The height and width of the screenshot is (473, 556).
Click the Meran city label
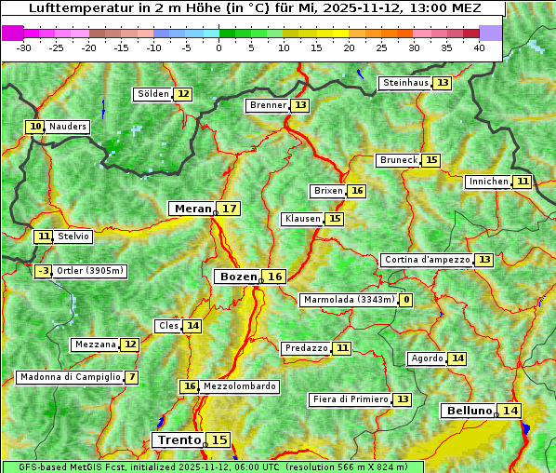click(192, 209)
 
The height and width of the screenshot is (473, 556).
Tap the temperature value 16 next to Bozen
click(275, 277)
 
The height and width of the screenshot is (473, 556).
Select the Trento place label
click(179, 439)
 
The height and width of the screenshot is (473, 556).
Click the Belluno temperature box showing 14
click(510, 411)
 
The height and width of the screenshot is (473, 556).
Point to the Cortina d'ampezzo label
click(427, 260)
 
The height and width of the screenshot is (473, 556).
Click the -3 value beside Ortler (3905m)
click(43, 271)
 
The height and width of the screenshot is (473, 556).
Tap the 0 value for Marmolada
click(406, 300)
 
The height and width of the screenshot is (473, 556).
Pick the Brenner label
click(269, 105)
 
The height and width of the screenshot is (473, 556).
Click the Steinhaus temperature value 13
click(443, 83)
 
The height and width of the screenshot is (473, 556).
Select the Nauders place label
click(68, 127)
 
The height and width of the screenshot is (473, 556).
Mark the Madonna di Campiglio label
click(70, 377)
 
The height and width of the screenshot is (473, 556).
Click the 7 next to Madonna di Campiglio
click(132, 377)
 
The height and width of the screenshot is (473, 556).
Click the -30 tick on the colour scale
click(24, 47)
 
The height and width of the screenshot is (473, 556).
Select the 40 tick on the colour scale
click(479, 47)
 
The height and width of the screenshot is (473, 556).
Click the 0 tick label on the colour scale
click(219, 47)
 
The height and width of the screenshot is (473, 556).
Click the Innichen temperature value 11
click(523, 182)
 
